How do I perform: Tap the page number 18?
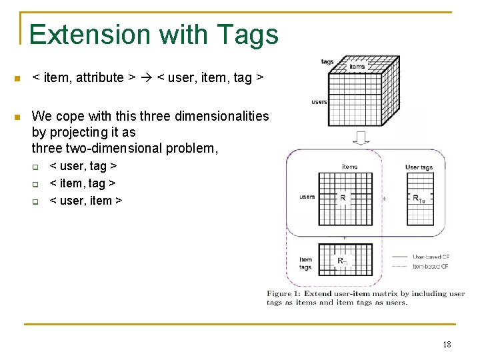click(x=447, y=344)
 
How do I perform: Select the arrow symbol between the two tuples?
click(x=147, y=78)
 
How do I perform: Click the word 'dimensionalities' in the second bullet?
click(x=221, y=116)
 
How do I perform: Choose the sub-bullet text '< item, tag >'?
click(x=83, y=183)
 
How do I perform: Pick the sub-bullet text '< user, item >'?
click(x=86, y=200)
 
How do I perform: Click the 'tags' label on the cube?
click(x=327, y=62)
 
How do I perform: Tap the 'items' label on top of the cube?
click(x=357, y=67)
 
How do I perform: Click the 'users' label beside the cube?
click(x=319, y=102)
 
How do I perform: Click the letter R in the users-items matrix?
click(x=343, y=198)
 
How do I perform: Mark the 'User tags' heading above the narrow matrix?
click(x=419, y=167)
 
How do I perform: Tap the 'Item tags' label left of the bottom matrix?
click(x=305, y=263)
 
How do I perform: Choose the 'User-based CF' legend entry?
click(x=430, y=257)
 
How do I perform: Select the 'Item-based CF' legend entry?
click(x=430, y=266)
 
